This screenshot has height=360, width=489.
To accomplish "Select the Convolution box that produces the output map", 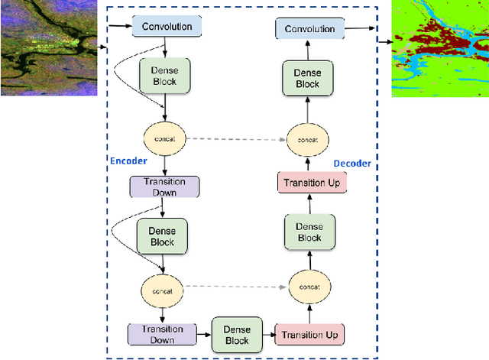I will point(309,29).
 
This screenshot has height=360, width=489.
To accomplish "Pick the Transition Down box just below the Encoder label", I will point(164,187).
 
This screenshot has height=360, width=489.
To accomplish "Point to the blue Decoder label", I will point(351,164).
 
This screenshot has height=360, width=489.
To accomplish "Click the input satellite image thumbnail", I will point(48,47).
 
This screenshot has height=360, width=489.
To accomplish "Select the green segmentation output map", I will point(439,48).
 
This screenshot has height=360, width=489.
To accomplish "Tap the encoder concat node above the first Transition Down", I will point(165,138).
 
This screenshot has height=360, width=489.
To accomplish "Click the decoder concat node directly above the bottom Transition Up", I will point(309,286).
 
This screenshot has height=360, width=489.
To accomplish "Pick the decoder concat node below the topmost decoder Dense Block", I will point(309,140).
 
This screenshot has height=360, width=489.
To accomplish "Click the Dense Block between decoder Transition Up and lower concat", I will point(309,232).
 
